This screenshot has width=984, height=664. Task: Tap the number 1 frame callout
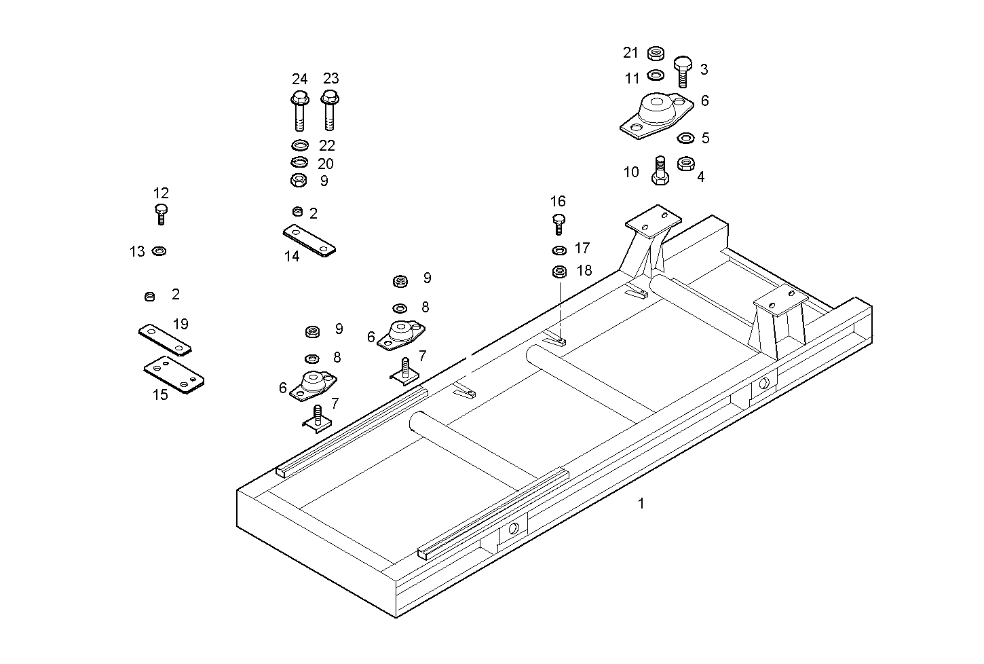tap(641, 504)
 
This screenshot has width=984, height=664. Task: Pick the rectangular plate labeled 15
tap(174, 375)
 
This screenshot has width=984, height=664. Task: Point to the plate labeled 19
tap(165, 339)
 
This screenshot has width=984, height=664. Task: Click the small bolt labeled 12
tap(161, 213)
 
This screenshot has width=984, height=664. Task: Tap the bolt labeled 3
tap(683, 71)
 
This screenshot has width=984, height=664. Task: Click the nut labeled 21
tap(656, 53)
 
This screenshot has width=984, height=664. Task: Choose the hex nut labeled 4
tap(685, 164)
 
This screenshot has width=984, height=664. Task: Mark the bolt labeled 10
tap(659, 170)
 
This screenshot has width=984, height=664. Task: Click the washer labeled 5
tap(685, 139)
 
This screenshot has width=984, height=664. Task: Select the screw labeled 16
tap(559, 223)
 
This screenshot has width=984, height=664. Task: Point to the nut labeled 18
tap(559, 272)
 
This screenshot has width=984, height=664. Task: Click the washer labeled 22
tap(299, 145)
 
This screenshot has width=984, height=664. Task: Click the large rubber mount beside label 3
tap(656, 115)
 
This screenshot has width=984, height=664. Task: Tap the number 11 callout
tap(632, 79)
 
